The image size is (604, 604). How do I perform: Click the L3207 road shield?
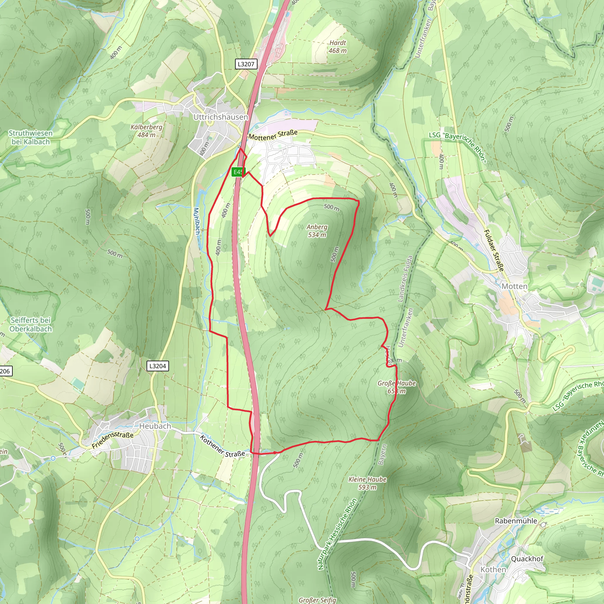pyautogui.click(x=246, y=64)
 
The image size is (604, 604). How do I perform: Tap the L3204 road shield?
pyautogui.click(x=157, y=366)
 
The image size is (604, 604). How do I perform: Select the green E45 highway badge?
pyautogui.click(x=238, y=172)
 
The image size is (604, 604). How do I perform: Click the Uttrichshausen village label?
pyautogui.click(x=220, y=117)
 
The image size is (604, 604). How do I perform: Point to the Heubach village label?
pyautogui.click(x=155, y=426)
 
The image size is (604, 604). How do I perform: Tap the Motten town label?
pyautogui.click(x=514, y=286)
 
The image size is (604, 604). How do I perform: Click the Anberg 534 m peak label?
pyautogui.click(x=317, y=231)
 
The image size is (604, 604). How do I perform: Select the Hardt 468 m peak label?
pyautogui.click(x=338, y=47)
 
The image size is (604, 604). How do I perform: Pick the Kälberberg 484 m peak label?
pyautogui.click(x=147, y=131)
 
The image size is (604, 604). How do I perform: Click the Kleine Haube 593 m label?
pyautogui.click(x=367, y=483)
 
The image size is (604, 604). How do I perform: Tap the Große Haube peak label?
pyautogui.click(x=396, y=387)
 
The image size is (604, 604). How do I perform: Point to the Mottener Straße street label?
pyautogui.click(x=273, y=135)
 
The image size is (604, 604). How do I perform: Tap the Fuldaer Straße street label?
pyautogui.click(x=494, y=250)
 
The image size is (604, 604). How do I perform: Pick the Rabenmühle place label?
pyautogui.click(x=516, y=521)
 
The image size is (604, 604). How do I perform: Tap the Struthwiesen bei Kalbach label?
pyautogui.click(x=30, y=137)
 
